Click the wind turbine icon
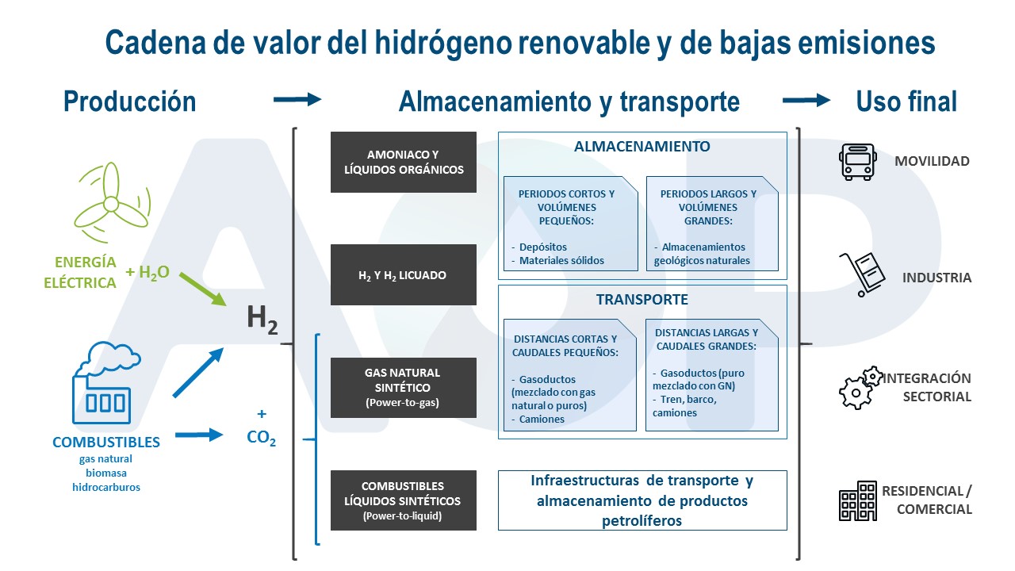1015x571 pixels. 112,202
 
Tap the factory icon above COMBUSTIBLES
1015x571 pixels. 106,383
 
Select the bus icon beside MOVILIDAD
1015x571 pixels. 857,162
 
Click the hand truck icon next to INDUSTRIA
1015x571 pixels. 862,274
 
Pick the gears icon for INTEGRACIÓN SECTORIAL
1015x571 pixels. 860,388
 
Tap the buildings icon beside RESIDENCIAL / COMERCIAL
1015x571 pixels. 858,500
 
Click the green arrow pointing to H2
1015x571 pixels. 202,289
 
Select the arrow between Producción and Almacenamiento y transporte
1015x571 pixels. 297,99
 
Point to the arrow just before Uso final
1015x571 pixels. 806,100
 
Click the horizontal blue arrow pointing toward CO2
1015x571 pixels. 199,435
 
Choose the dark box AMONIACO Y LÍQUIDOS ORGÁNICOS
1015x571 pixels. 404,163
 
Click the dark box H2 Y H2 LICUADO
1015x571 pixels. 404,274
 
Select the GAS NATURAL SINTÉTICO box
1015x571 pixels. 404,388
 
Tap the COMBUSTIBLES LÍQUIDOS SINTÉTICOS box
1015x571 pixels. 404,500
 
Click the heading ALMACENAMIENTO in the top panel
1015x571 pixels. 642,147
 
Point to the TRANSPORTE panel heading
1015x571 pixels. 642,300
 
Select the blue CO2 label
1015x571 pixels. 261,438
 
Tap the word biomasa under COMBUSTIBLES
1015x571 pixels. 106,473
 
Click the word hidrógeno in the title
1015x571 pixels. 442,44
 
